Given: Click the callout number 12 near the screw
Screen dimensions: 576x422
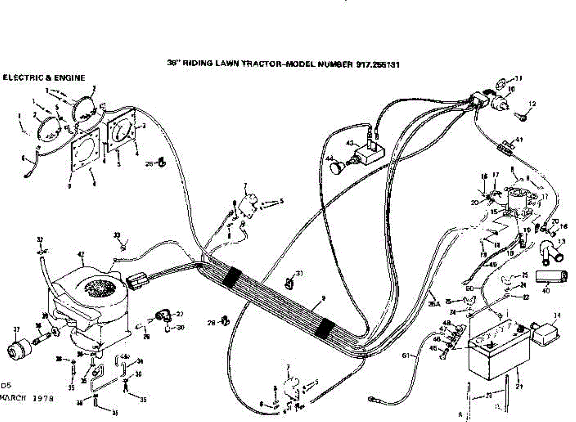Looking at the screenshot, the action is click(x=532, y=103).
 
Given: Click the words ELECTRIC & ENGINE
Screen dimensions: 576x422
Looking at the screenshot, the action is click(x=44, y=77).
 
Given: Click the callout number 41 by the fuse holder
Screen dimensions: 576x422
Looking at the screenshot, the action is click(x=518, y=139).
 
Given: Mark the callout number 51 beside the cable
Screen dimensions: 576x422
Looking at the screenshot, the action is click(x=406, y=355).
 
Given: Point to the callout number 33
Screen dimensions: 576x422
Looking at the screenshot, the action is click(x=117, y=235).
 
